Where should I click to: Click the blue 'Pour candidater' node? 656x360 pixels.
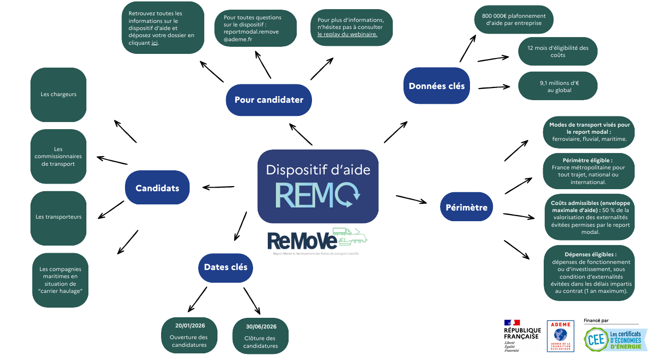point(268,100)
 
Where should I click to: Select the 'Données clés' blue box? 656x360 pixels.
point(436,86)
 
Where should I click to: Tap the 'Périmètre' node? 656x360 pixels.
point(466,207)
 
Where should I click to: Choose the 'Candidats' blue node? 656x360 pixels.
point(157,188)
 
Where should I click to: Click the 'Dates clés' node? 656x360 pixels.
point(225,267)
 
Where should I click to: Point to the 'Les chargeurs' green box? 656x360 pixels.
point(58,95)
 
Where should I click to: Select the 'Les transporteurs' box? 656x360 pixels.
point(58,217)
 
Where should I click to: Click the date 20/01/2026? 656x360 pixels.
point(190,326)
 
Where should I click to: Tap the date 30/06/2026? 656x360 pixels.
point(261,327)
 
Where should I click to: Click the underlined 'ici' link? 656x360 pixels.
point(154,43)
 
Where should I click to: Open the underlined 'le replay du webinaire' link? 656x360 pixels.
point(347,35)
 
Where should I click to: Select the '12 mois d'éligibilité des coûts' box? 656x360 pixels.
point(557,51)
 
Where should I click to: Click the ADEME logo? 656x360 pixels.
point(560,336)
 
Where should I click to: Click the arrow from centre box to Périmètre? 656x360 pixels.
point(411,199)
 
